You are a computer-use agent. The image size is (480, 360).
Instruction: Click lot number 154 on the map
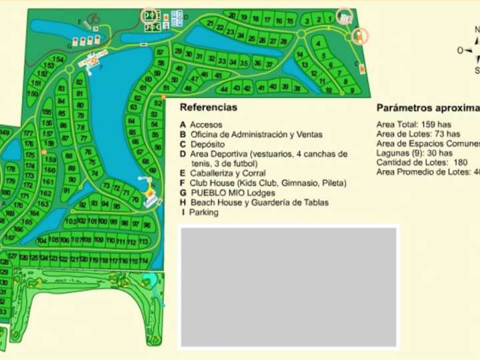tap(59, 60)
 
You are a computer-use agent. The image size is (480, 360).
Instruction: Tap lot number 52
tap(159, 103)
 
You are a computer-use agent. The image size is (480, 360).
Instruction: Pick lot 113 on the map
tap(143, 242)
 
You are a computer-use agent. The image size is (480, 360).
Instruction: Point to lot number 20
tap(231, 15)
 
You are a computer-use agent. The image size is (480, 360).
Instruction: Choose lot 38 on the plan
tap(297, 87)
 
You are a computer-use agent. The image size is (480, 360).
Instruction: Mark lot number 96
tap(147, 225)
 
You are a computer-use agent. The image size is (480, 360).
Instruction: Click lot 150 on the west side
tap(33, 94)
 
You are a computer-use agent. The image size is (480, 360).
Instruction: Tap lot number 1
tap(329, 19)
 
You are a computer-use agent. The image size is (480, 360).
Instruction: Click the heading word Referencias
tap(208, 107)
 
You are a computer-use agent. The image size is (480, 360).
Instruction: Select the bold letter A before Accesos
tap(183, 125)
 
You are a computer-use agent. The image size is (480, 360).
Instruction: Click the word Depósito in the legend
tap(207, 144)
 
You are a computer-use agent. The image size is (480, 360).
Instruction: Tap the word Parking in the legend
tap(203, 213)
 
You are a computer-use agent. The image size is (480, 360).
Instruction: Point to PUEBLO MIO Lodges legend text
tap(231, 193)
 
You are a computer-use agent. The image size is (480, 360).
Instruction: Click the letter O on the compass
tap(460, 50)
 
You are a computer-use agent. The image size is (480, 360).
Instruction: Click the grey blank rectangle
tap(289, 287)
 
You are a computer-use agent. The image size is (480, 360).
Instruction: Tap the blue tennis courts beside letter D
tap(177, 18)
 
